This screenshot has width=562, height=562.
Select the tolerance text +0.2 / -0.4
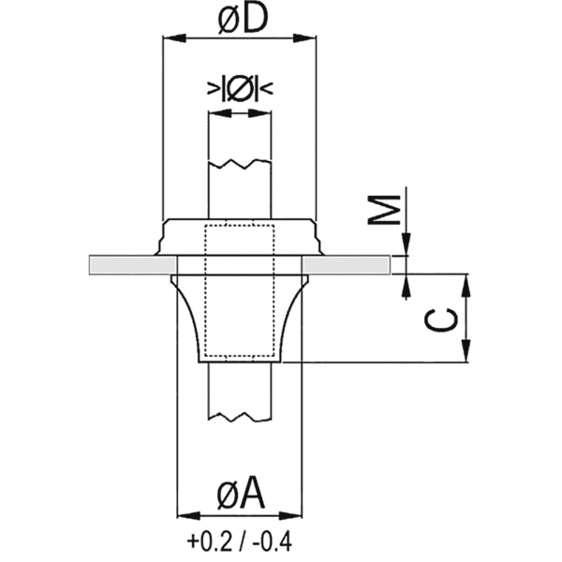[x=239, y=541]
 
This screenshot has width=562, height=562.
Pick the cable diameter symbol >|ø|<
[x=240, y=89]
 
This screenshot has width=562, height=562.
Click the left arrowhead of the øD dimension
[x=170, y=38]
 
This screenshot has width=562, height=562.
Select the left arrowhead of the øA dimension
[x=185, y=515]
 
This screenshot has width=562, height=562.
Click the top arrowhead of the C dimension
[x=466, y=283]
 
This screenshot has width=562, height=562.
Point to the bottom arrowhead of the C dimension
[x=466, y=355]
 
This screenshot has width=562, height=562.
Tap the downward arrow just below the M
[x=405, y=245]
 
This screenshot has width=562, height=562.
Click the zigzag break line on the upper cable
[x=240, y=165]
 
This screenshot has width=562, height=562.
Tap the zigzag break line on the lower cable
[x=240, y=414]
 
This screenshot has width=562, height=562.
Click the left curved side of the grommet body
[x=187, y=318]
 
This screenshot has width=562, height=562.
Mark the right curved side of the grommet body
[x=291, y=318]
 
